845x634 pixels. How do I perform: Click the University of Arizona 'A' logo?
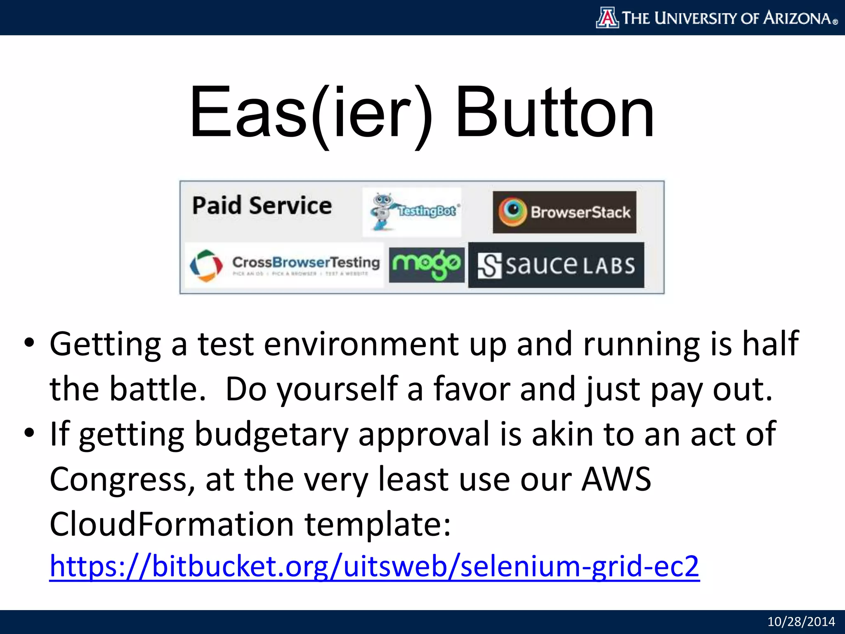tap(607, 18)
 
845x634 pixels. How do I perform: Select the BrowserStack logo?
tap(564, 212)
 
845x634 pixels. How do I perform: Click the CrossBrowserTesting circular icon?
tap(206, 265)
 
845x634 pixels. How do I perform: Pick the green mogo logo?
tap(426, 265)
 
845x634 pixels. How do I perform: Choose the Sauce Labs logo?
tap(556, 265)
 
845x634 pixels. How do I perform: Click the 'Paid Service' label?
tap(262, 206)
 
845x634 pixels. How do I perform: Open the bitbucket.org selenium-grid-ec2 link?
tap(374, 566)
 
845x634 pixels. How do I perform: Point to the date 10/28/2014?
tap(801, 622)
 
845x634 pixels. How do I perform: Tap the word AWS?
tap(616, 479)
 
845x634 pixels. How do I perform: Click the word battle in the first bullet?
tap(157, 389)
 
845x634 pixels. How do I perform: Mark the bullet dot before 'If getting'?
tap(29, 433)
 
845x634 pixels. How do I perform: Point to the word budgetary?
tap(271, 434)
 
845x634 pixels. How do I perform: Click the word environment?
tap(361, 344)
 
